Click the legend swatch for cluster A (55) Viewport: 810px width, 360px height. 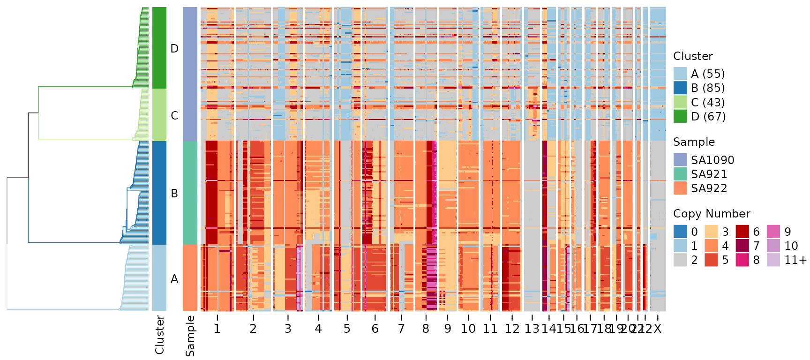coord(680,74)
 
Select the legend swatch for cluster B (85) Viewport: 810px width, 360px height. coord(680,88)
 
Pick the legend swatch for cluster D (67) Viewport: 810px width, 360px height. coord(680,116)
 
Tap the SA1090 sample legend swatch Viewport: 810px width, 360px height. coord(680,160)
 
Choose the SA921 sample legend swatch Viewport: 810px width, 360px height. coord(680,174)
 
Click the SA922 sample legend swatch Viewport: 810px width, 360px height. coord(680,188)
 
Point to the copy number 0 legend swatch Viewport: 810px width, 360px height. coord(680,232)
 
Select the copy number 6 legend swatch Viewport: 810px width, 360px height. coord(742,232)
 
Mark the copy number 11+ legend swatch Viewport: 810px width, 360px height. coord(773,260)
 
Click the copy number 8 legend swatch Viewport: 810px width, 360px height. coord(742,260)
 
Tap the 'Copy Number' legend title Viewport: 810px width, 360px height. coord(711,214)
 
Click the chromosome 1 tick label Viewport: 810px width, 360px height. coord(217,329)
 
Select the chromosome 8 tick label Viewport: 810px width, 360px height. coord(426,329)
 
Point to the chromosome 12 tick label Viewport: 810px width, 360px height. coord(512,329)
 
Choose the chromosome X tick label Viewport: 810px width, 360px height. coord(658,329)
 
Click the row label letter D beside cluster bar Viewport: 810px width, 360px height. coord(174,49)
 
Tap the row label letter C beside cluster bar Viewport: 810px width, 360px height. coord(174,116)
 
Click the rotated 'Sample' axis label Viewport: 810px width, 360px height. coord(190,336)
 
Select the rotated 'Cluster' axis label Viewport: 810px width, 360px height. coord(159,335)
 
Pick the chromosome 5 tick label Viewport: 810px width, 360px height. coord(347,329)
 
